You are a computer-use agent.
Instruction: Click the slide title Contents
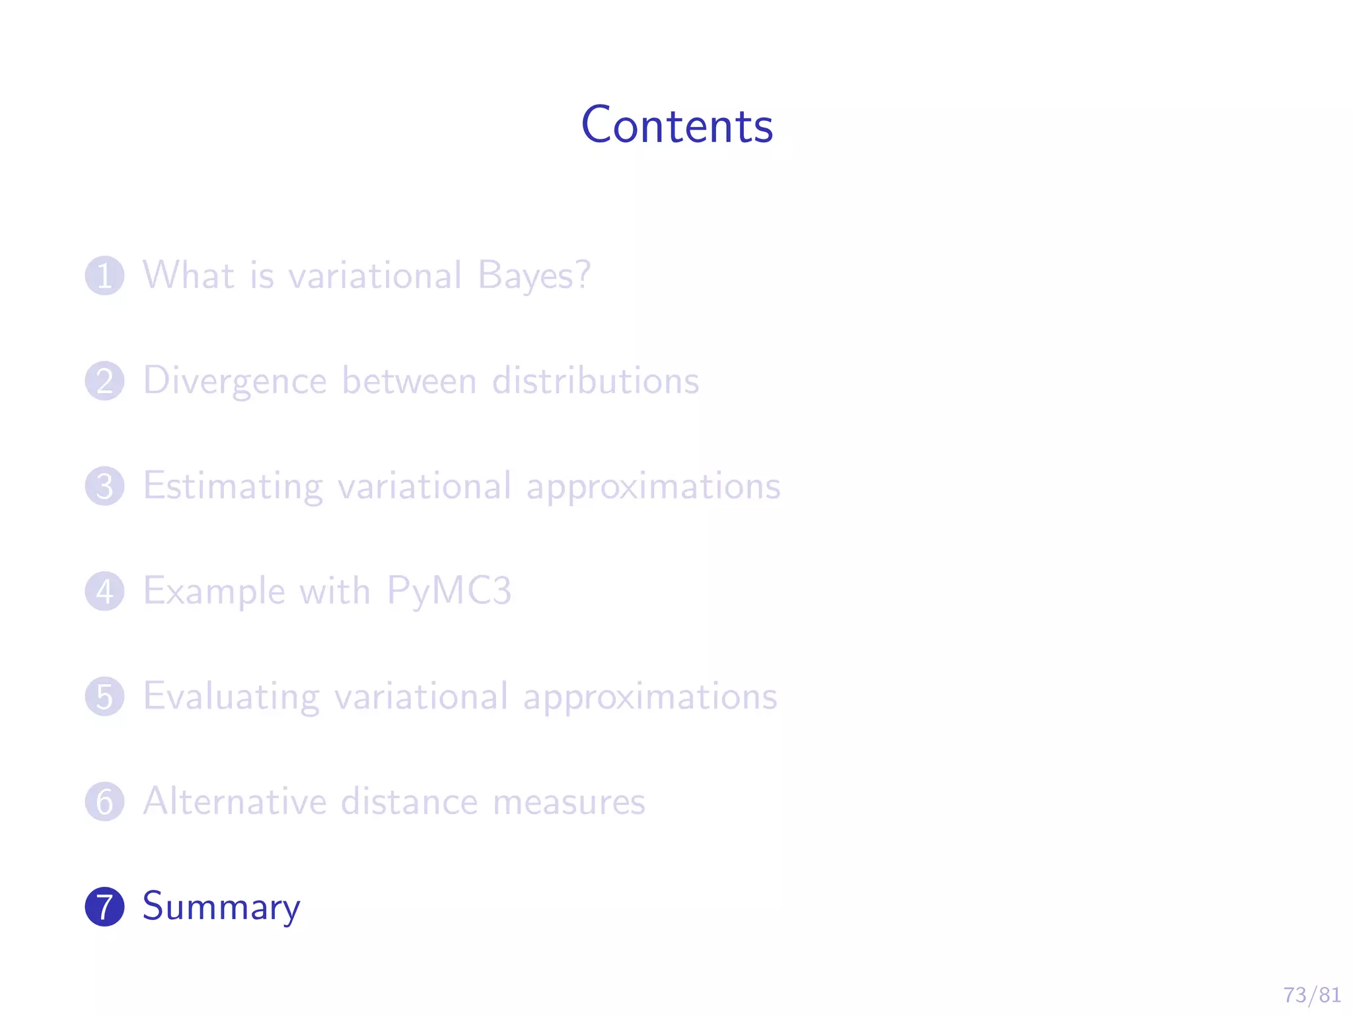click(x=676, y=126)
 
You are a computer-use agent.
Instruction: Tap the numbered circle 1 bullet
click(x=104, y=276)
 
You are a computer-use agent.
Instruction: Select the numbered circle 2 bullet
click(x=104, y=381)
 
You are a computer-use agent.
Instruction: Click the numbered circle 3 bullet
click(x=104, y=486)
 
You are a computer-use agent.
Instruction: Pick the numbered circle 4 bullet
click(x=104, y=591)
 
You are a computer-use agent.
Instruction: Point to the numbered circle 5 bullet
click(x=104, y=696)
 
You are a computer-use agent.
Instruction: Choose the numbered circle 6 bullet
click(x=104, y=802)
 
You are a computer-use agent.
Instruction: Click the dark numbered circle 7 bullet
click(x=104, y=907)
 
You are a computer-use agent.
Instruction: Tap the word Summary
click(x=221, y=907)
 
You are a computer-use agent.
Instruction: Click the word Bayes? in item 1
click(x=534, y=276)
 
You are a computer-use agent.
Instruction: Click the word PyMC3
click(x=449, y=591)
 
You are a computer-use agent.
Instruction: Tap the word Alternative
click(x=235, y=802)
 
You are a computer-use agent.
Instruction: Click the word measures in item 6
click(x=569, y=802)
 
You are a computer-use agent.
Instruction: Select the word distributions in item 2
click(x=595, y=381)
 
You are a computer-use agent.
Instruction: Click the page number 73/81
click(x=1311, y=995)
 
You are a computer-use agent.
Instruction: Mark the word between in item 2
click(x=409, y=381)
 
